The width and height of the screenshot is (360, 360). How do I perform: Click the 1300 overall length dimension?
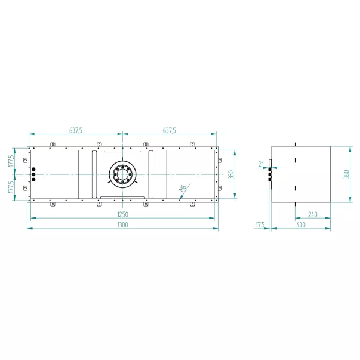pos(122,224)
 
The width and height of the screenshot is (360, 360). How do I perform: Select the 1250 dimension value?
pos(122,214)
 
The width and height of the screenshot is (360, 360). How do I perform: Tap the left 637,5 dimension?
pos(76,130)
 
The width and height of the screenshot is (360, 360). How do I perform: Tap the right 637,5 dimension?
pos(169,130)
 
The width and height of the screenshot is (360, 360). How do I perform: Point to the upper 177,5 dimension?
pos(11,161)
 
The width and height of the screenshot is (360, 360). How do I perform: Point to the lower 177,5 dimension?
pos(11,187)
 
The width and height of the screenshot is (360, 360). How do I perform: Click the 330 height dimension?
pos(232,174)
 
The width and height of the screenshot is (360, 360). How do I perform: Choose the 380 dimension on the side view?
pos(347,174)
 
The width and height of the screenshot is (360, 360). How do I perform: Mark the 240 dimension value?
pos(312,214)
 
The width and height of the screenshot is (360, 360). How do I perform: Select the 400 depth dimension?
pos(301,224)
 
